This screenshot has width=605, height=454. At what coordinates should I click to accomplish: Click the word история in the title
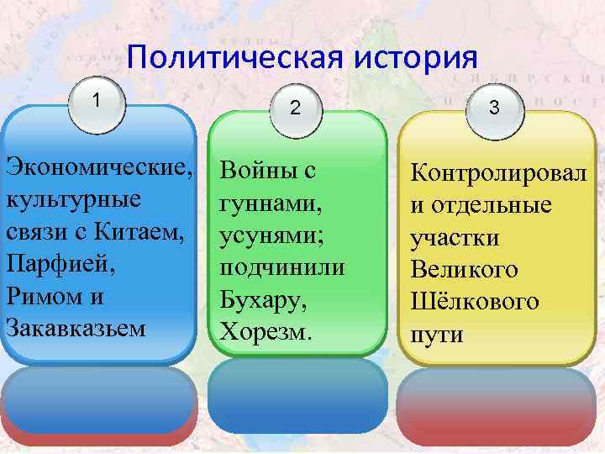[x=415, y=60]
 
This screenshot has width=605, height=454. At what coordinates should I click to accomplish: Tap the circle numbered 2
[x=295, y=108]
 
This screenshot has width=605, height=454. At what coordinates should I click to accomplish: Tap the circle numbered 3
[x=494, y=108]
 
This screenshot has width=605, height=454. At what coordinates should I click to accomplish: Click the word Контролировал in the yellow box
[x=498, y=174]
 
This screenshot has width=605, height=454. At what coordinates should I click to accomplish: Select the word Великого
[x=464, y=270]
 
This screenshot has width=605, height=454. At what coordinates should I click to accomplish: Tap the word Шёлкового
[x=474, y=302]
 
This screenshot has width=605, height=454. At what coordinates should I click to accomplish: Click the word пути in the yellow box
[x=436, y=334]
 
